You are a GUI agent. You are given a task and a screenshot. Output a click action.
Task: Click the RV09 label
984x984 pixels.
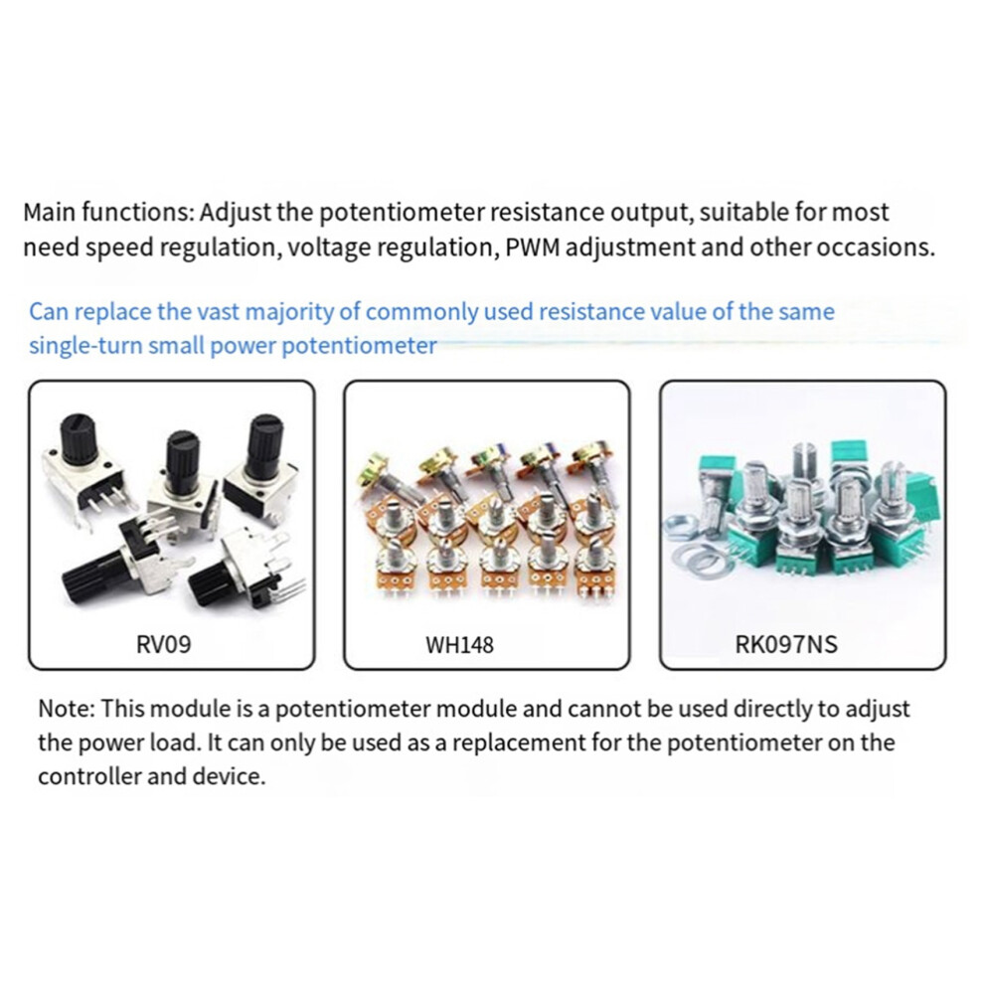(x=163, y=644)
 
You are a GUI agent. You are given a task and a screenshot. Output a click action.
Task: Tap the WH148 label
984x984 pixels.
(x=459, y=644)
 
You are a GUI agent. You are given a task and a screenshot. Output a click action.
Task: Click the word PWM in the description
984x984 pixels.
(x=532, y=246)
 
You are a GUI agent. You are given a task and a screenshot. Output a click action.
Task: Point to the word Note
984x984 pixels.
(x=67, y=709)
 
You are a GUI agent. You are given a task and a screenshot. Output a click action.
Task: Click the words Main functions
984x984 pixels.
(x=109, y=212)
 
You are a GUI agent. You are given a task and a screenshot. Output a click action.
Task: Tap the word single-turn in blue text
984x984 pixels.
(x=85, y=345)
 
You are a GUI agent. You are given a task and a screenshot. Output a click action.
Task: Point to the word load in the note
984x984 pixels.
(x=171, y=741)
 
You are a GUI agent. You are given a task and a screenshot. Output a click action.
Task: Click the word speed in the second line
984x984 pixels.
(x=119, y=247)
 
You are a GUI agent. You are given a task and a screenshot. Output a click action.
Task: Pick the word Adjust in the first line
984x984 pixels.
(x=236, y=213)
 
